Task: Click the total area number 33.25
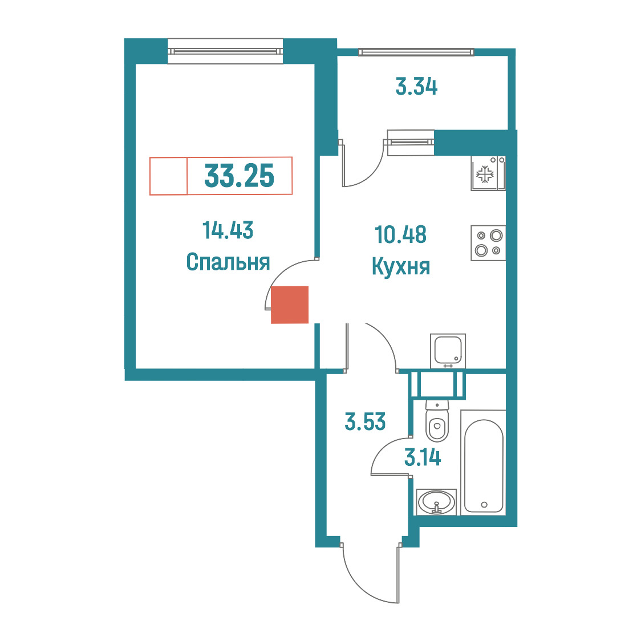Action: pos(239,176)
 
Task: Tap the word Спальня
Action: pos(228,262)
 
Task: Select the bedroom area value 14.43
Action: pos(228,230)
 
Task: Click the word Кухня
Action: pos(400,266)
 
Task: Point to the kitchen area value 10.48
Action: pos(400,234)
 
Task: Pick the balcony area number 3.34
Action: pos(416,87)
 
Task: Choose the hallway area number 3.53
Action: pos(365,422)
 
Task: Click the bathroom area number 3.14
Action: pos(423,457)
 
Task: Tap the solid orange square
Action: pos(290,305)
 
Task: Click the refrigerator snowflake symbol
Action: pos(485,174)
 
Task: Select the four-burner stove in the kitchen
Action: pos(488,243)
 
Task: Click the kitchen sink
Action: pos(448,351)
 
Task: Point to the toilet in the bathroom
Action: pos(437,421)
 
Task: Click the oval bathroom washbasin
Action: pos(437,501)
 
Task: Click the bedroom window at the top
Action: pos(225,51)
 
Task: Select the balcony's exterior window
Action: pos(416,52)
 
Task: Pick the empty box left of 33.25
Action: pos(168,176)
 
